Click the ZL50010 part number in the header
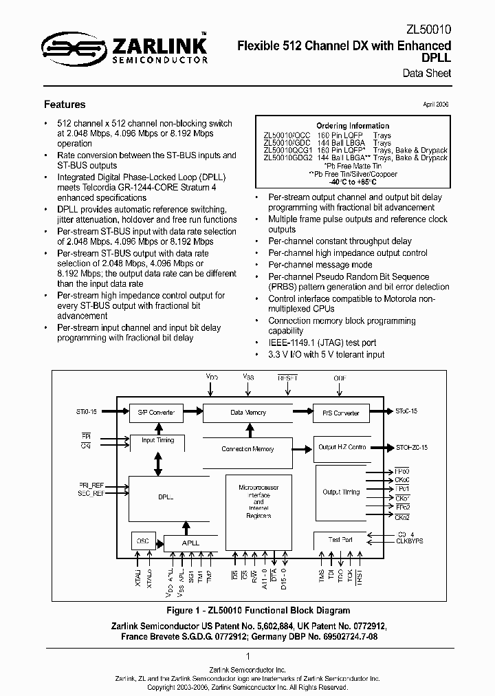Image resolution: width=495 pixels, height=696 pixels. [428, 30]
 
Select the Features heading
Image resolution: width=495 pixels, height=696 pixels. [65, 105]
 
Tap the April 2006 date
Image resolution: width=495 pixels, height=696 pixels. [435, 105]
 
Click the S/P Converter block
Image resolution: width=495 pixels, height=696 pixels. [156, 413]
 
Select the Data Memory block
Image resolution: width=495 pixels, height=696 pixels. [247, 413]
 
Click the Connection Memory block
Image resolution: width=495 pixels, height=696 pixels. [247, 449]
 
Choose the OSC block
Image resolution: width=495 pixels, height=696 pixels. [143, 541]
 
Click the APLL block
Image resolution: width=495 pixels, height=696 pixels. [190, 543]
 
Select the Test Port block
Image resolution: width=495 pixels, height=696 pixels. [340, 540]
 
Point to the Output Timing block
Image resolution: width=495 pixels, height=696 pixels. [341, 492]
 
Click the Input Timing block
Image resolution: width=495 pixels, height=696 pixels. [157, 440]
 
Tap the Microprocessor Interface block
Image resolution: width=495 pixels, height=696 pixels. [254, 501]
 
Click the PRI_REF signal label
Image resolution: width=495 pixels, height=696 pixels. [91, 486]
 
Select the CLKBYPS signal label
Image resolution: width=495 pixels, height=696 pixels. [410, 541]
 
